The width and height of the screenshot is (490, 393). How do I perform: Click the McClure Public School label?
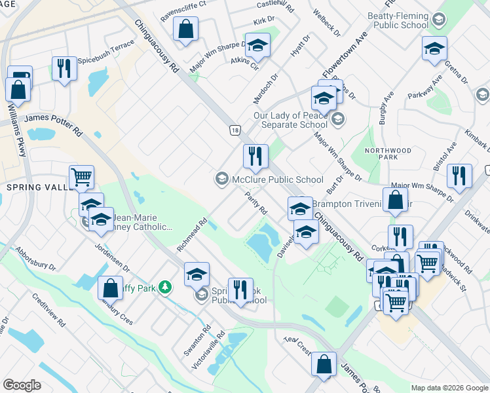277,179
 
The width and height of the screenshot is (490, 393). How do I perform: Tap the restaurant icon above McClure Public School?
255,156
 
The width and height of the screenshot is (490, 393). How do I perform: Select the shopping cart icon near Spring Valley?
81,176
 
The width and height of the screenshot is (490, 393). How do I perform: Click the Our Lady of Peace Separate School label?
290,120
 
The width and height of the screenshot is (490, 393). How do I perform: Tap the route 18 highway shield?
235,131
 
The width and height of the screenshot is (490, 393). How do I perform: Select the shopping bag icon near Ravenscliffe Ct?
186,28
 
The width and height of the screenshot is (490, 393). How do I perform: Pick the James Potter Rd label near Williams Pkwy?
53,121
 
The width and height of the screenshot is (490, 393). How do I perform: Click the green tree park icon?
166,286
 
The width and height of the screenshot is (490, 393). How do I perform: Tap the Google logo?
23,384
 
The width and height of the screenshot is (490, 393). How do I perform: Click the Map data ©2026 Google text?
449,388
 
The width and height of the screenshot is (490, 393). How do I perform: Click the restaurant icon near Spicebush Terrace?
64,67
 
